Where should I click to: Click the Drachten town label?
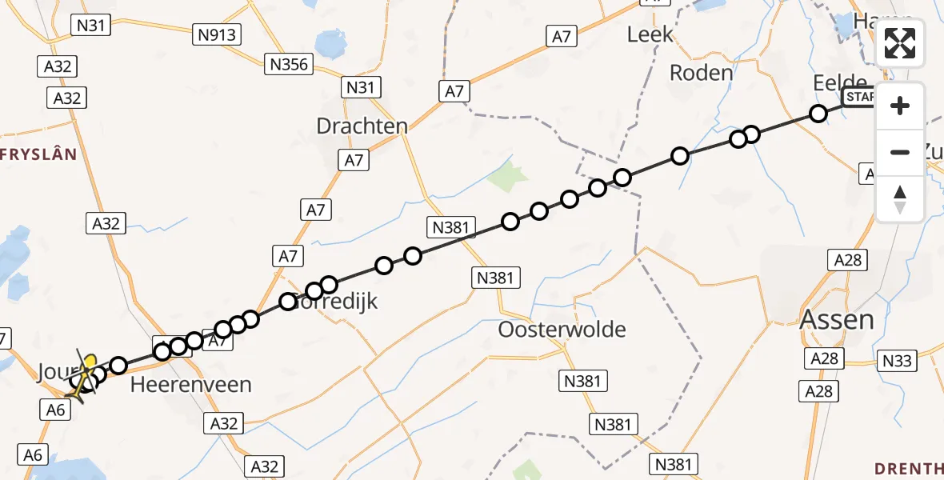click(362, 126)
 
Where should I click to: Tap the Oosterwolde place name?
click(562, 329)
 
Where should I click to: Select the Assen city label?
click(837, 320)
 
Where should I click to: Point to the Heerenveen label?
click(191, 384)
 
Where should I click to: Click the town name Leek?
click(650, 34)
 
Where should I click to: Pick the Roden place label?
click(701, 73)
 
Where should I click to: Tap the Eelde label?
click(839, 83)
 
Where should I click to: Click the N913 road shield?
click(218, 34)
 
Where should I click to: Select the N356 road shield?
click(290, 64)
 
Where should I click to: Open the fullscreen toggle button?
click(900, 43)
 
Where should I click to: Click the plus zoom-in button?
click(900, 106)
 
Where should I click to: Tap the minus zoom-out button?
click(900, 152)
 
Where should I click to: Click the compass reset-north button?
click(900, 198)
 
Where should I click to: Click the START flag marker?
click(859, 98)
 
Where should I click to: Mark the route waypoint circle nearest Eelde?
click(818, 114)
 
